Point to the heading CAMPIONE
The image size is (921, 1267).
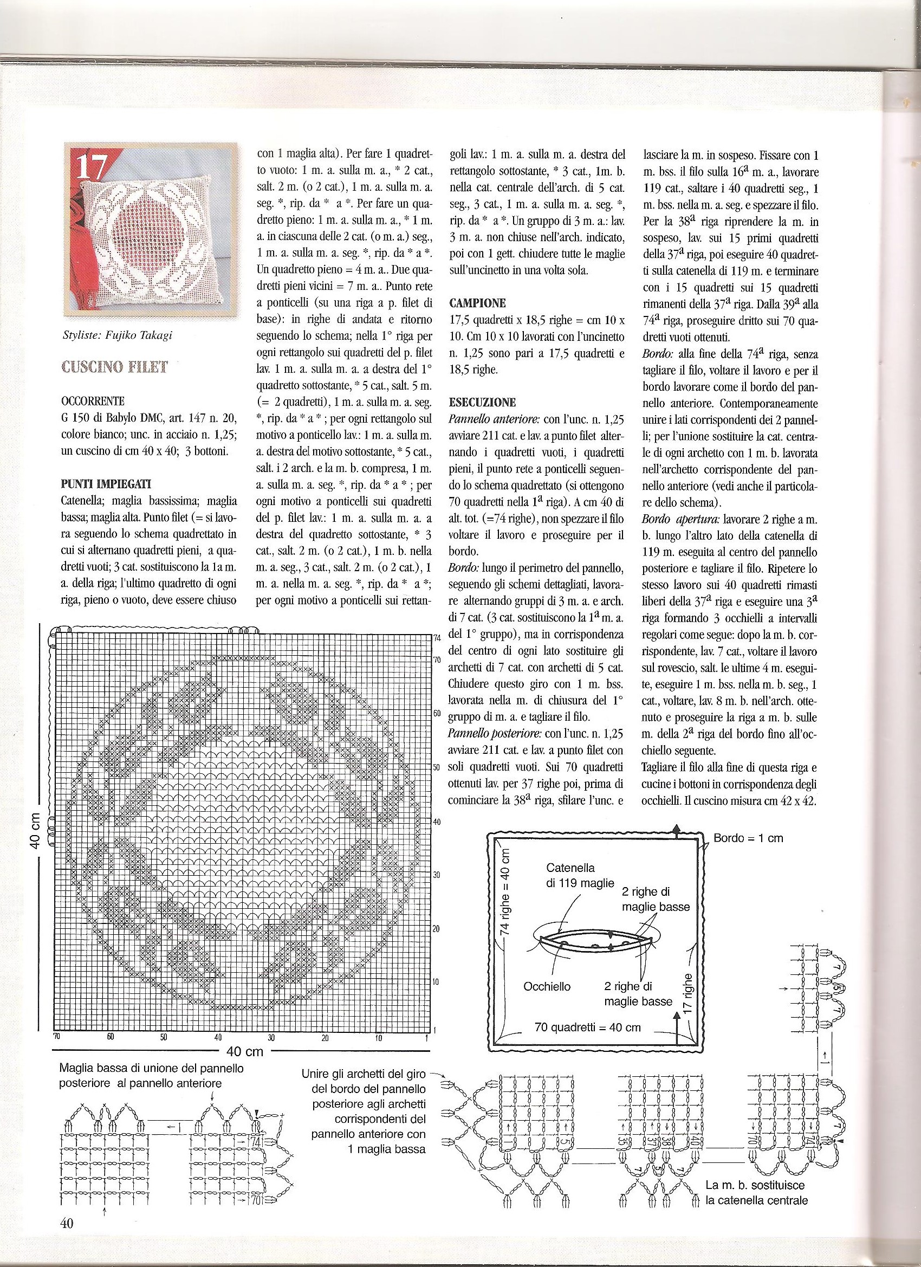point(477,304)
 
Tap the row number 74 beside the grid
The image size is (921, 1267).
point(437,638)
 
